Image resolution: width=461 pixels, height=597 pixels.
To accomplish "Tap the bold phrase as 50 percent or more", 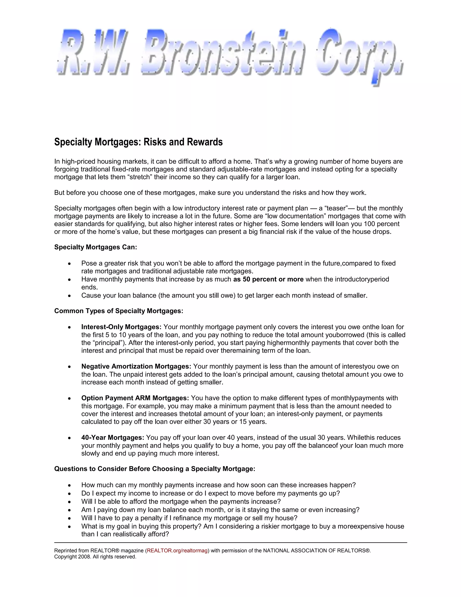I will (268, 279).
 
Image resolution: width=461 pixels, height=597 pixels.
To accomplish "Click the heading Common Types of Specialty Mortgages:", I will (119, 311).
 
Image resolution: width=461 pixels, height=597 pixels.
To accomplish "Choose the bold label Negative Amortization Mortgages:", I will (136, 366).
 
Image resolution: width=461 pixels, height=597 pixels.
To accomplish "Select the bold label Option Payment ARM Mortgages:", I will (135, 398).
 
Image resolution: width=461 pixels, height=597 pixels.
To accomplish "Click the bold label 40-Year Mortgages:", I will (113, 438).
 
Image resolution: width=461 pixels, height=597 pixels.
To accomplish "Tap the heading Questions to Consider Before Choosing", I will (155, 469).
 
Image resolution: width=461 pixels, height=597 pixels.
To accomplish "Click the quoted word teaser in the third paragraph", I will (336, 208).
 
